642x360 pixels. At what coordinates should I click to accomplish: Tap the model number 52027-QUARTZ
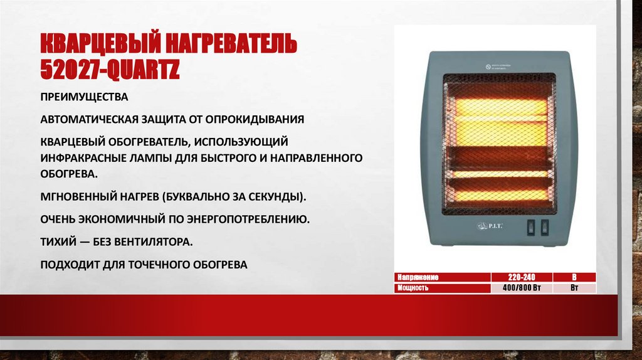click(110, 69)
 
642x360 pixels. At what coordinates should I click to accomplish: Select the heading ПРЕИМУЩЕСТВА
click(84, 98)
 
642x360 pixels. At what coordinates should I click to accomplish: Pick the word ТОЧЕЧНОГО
click(167, 265)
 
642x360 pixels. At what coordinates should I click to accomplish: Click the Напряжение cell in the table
click(416, 277)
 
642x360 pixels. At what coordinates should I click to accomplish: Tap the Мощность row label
click(413, 288)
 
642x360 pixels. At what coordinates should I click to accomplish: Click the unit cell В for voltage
click(574, 277)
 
